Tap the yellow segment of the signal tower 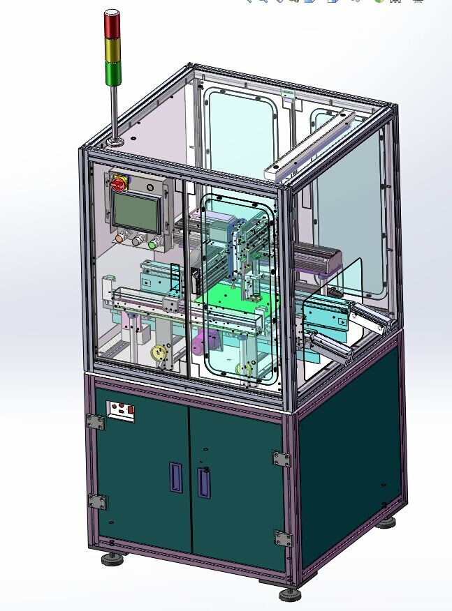(112, 49)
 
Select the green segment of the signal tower (112, 73)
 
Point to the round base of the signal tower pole (114, 142)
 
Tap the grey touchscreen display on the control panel (136, 210)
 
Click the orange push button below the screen (119, 238)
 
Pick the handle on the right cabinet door (203, 482)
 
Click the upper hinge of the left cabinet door (94, 422)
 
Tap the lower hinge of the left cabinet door (97, 501)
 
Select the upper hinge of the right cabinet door (282, 459)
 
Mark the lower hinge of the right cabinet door (282, 538)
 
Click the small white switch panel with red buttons (120, 412)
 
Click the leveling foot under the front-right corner (291, 595)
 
